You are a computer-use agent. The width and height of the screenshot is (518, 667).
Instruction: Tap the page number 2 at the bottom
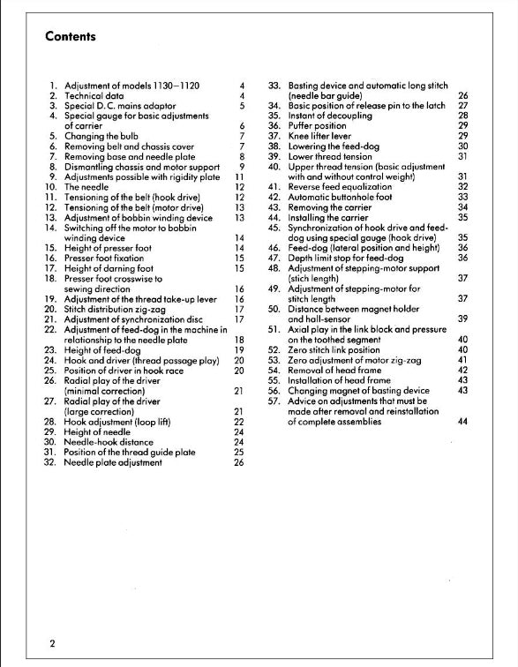pos(52,643)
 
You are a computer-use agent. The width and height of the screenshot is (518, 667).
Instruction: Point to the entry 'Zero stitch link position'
pos(340,349)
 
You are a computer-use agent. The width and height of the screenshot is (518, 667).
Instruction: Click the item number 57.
pos(274,401)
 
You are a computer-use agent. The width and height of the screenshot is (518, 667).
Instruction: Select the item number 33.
pos(274,85)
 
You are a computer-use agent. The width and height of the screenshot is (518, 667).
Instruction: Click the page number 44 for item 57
pos(462,421)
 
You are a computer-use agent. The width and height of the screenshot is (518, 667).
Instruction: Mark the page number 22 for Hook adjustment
pos(238,421)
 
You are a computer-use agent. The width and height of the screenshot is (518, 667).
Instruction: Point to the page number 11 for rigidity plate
pos(238,176)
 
